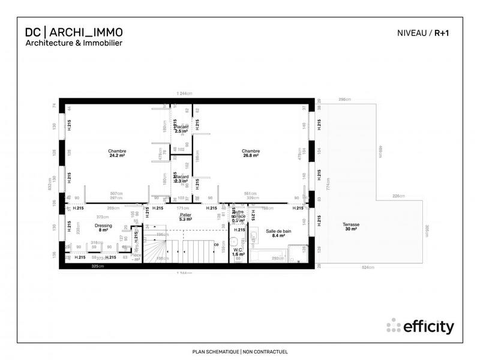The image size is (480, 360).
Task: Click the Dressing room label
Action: point(104,225)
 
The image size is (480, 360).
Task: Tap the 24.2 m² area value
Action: point(117,156)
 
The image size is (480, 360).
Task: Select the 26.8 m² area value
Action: point(251,156)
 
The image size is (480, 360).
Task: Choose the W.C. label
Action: point(238,250)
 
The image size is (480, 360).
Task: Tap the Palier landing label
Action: point(185,214)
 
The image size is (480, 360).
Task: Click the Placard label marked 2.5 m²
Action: point(181,127)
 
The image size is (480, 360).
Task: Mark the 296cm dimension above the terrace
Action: point(344,99)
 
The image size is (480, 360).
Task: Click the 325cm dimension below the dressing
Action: point(95,266)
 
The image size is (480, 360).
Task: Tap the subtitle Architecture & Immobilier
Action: point(73,43)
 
